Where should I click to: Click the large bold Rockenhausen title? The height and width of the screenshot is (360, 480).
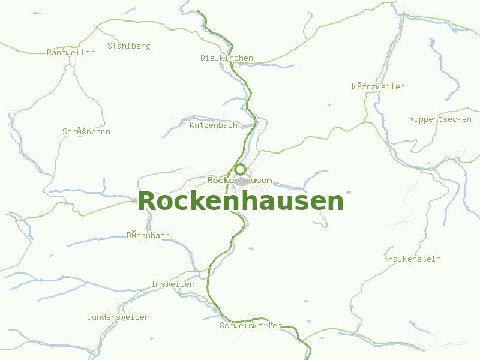pyautogui.click(x=241, y=202)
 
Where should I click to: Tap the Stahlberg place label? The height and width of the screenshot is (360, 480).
pyautogui.click(x=128, y=46)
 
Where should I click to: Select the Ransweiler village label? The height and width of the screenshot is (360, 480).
pyautogui.click(x=70, y=52)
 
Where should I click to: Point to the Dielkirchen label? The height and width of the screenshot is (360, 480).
pyautogui.click(x=226, y=58)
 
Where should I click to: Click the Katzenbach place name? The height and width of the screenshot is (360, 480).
pyautogui.click(x=213, y=125)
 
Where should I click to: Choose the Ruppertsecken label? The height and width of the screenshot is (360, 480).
pyautogui.click(x=440, y=119)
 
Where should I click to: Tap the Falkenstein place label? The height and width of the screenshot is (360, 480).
pyautogui.click(x=414, y=259)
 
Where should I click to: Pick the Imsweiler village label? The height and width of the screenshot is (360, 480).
pyautogui.click(x=172, y=284)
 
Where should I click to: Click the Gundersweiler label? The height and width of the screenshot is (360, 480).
pyautogui.click(x=118, y=317)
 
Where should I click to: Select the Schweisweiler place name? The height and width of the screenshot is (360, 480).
pyautogui.click(x=250, y=326)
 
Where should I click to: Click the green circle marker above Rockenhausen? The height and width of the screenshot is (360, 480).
pyautogui.click(x=240, y=169)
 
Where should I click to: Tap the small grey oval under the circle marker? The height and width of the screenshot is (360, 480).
pyautogui.click(x=242, y=182)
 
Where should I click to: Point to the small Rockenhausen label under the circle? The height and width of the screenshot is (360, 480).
pyautogui.click(x=239, y=180)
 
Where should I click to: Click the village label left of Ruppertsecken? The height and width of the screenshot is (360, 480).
pyautogui.click(x=378, y=86)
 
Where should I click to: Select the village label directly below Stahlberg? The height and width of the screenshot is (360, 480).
pyautogui.click(x=86, y=131)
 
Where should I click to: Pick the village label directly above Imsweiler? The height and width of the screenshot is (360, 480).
pyautogui.click(x=148, y=235)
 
